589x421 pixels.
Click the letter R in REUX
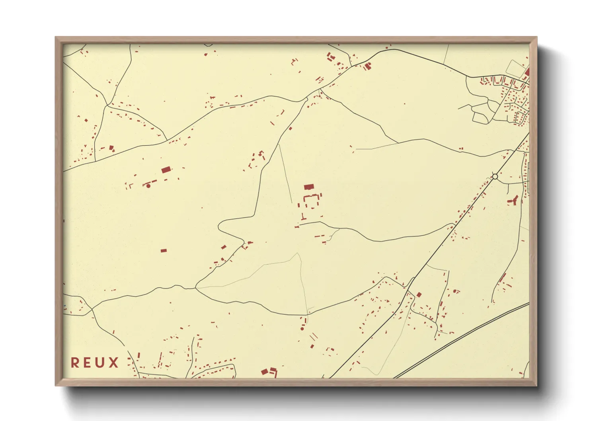click(75, 363)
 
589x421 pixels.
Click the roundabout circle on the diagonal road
click(495, 176)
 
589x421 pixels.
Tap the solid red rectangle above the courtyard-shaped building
click(309, 187)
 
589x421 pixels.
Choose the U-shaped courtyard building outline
click(313, 201)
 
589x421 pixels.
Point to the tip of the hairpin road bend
click(219, 227)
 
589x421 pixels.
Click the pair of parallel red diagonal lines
click(314, 337)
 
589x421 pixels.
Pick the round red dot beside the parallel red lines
click(302, 329)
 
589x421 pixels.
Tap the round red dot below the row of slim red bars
click(148, 186)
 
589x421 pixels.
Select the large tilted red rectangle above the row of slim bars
click(166, 170)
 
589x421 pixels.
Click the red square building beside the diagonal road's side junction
click(419, 295)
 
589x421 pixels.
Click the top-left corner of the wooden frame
click(56, 37)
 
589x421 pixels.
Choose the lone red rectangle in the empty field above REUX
click(164, 251)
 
